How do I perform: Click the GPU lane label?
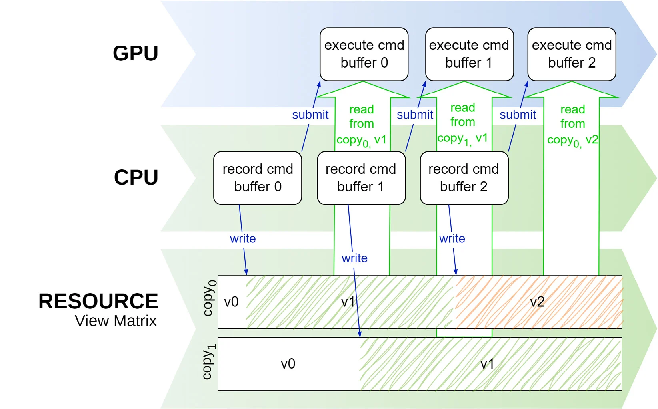click(135, 53)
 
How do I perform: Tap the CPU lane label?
click(136, 177)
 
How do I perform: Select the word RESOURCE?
click(98, 301)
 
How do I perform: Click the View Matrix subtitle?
click(116, 321)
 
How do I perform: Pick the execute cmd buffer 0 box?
click(364, 54)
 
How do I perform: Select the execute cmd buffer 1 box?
click(469, 54)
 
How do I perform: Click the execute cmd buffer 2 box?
click(572, 54)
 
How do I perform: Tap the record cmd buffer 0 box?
click(258, 178)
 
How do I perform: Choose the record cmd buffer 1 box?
click(361, 178)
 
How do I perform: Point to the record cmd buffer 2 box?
click(464, 178)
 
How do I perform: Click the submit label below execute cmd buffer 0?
click(310, 115)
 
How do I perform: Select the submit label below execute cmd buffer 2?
click(518, 115)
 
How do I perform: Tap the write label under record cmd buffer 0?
click(243, 239)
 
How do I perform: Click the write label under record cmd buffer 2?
click(452, 239)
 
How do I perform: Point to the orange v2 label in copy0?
click(537, 302)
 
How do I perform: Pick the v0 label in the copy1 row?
click(288, 364)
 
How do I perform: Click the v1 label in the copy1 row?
click(487, 364)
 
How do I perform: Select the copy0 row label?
click(209, 298)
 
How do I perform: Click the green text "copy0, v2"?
click(572, 141)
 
